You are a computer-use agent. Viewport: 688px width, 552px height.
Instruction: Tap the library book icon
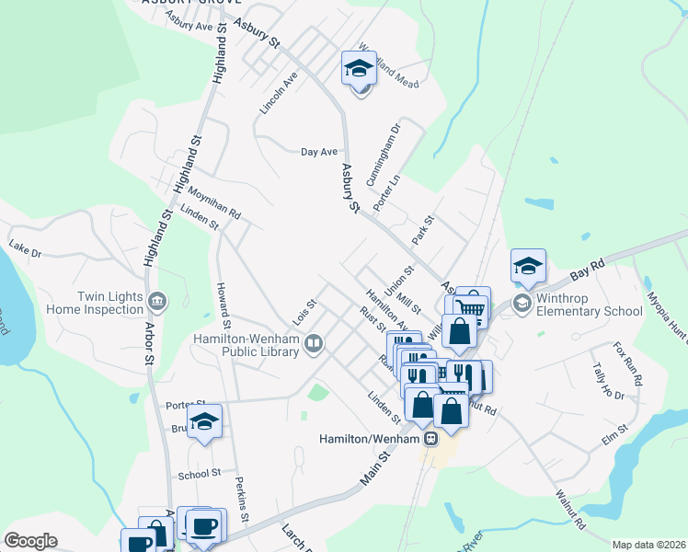315,344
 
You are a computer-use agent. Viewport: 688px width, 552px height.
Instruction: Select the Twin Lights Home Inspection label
97,303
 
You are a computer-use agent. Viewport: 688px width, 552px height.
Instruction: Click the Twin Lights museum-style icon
157,300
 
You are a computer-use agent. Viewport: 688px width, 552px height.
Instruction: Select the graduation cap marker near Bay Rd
529,267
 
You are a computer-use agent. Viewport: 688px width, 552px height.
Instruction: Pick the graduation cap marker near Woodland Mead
359,68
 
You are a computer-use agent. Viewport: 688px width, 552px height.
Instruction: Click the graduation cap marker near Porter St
206,422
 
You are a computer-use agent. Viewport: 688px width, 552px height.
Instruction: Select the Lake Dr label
25,249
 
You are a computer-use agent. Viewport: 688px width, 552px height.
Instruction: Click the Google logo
30,541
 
